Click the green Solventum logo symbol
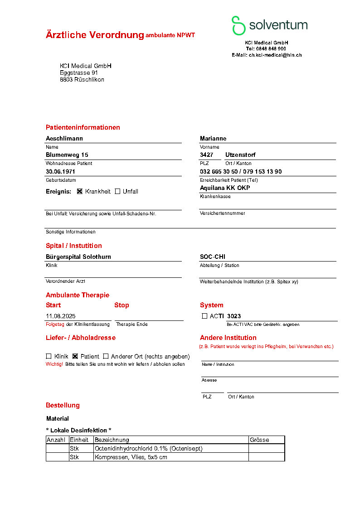pyautogui.click(x=238, y=25)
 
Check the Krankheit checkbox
pyautogui.click(x=80, y=191)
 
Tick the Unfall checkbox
pyautogui.click(x=117, y=191)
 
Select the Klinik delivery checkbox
pyautogui.click(x=49, y=356)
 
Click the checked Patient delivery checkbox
pyautogui.click(x=75, y=356)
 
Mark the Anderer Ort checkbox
pyautogui.click(x=106, y=356)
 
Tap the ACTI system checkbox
pyautogui.click(x=204, y=316)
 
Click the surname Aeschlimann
pyautogui.click(x=64, y=139)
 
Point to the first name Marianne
pyautogui.click(x=213, y=139)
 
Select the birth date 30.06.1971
pyautogui.click(x=60, y=172)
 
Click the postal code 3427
pyautogui.click(x=206, y=155)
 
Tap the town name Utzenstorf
pyautogui.click(x=240, y=155)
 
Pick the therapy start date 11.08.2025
pyautogui.click(x=60, y=316)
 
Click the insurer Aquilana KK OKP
pyautogui.click(x=225, y=188)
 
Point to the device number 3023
pyautogui.click(x=234, y=316)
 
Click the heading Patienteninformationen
pyautogui.click(x=83, y=127)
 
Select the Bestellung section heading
pyautogui.click(x=63, y=405)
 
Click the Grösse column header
pyautogui.click(x=259, y=440)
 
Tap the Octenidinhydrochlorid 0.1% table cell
pyautogui.click(x=148, y=448)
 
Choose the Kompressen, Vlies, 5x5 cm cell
pyautogui.click(x=131, y=457)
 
